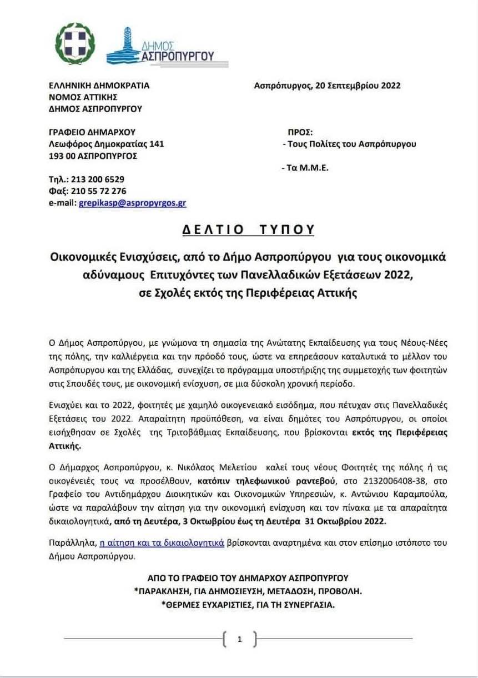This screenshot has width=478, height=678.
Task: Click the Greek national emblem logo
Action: point(75,43)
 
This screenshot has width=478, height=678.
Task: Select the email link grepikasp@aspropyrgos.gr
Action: point(133,203)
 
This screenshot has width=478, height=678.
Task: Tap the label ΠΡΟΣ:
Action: point(300,132)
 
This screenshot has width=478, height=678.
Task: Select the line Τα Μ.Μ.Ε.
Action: point(305,167)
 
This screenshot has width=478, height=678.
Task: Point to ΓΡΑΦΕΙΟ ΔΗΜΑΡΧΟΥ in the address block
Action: point(92,132)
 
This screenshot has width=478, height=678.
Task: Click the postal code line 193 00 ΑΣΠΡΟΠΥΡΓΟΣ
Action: point(93,156)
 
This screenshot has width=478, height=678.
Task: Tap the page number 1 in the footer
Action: point(239,639)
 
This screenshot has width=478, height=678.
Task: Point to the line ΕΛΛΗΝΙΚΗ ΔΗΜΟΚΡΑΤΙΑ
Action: point(99,86)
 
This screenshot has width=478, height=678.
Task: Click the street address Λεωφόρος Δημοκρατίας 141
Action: point(107,144)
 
